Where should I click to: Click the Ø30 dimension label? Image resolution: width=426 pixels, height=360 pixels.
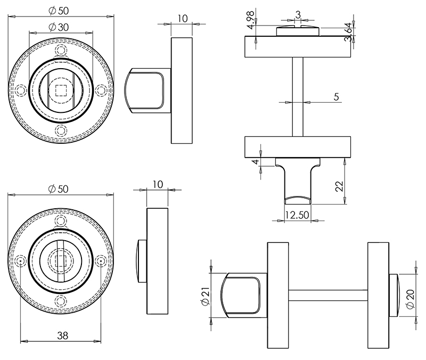60,27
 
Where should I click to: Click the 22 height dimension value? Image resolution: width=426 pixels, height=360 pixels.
339,186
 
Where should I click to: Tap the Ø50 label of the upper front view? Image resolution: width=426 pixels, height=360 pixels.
60,11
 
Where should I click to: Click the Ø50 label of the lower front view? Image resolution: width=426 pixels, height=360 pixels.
60,189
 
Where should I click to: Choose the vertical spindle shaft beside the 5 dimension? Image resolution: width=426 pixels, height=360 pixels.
298,96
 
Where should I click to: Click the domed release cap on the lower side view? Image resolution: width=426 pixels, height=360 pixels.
141,261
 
